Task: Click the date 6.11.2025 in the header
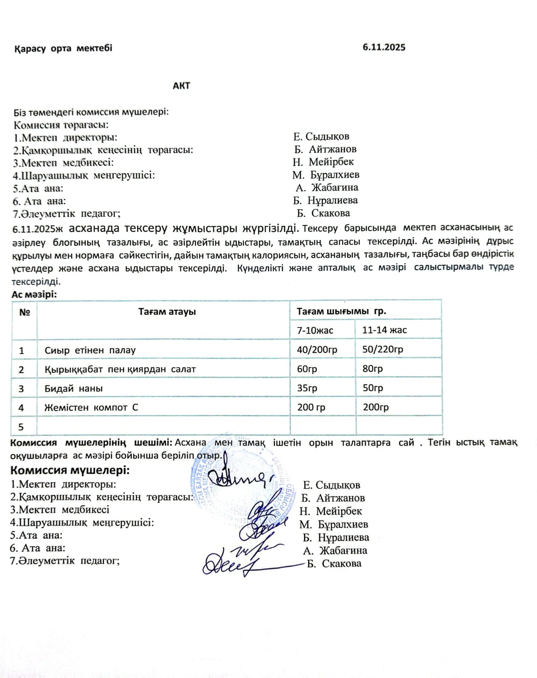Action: point(384,47)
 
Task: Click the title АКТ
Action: point(181,86)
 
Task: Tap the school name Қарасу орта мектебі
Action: point(63,48)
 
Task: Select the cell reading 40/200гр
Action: point(317,350)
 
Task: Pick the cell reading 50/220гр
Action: point(383,349)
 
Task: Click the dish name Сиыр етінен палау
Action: point(90,350)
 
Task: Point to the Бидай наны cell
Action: point(74,389)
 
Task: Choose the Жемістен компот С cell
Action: point(91,408)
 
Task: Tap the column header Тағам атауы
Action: point(167,312)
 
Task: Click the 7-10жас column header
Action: point(315,330)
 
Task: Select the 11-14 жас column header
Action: point(385,330)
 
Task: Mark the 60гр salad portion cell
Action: point(307,369)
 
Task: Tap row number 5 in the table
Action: point(21,427)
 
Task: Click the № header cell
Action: point(25,312)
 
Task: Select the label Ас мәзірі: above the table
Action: point(34,295)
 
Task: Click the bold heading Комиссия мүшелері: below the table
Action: point(70,470)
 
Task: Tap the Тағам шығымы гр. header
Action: point(341,311)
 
